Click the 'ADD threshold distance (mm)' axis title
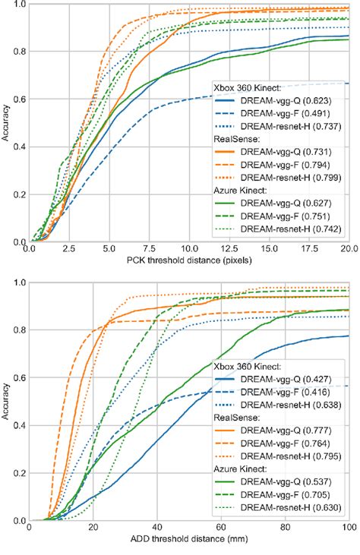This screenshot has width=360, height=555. pyautogui.click(x=188, y=541)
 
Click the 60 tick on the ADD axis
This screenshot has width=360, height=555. pyautogui.click(x=221, y=529)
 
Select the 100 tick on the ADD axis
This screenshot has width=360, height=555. pyautogui.click(x=348, y=529)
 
